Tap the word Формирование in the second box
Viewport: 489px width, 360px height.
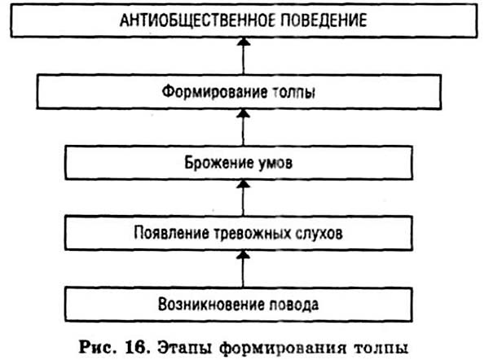[214, 92]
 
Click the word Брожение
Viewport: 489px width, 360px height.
[218, 162]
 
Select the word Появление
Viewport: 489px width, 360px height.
[171, 233]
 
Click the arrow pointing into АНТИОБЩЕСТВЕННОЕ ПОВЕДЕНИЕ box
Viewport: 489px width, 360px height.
[244, 56]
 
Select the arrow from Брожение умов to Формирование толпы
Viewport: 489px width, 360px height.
[244, 128]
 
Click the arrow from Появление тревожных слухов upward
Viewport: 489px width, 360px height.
[244, 198]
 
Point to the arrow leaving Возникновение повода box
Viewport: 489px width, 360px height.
[244, 269]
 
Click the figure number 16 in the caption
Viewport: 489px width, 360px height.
[135, 347]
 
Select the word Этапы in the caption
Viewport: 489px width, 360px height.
[185, 348]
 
